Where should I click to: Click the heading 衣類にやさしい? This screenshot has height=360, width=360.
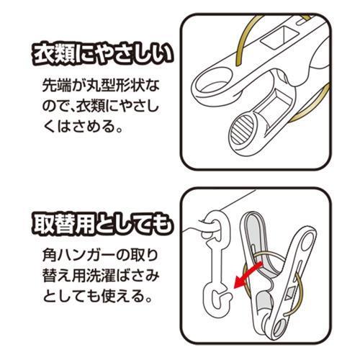[x=103, y=55]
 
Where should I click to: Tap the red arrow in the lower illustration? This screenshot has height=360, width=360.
[x=248, y=276]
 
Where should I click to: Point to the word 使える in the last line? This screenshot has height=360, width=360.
[x=123, y=297]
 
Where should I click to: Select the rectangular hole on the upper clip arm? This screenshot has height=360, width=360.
[x=279, y=37]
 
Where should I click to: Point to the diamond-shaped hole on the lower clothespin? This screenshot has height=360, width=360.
[x=291, y=292]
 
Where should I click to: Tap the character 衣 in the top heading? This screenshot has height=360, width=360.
[x=43, y=55]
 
